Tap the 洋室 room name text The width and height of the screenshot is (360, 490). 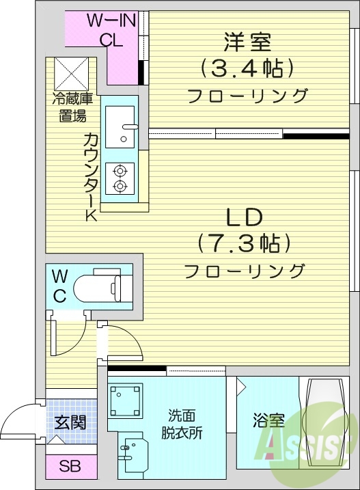[247, 42]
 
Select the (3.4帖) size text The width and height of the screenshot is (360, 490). [247, 68]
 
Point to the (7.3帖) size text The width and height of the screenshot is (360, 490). [245, 243]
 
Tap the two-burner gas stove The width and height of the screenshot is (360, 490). [120, 178]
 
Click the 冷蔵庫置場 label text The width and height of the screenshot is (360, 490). [70, 107]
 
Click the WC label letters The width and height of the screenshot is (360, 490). [60, 286]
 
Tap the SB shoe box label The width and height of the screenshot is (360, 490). [69, 467]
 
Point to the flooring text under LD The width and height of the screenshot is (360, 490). [245, 271]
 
